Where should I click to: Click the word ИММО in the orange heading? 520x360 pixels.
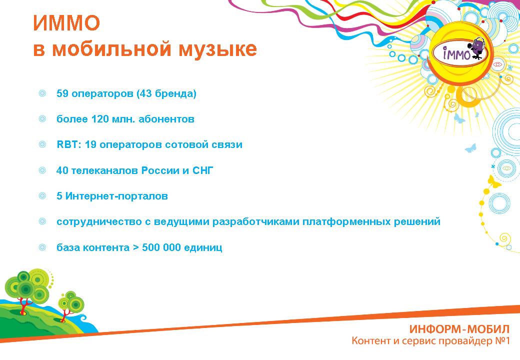[66, 23]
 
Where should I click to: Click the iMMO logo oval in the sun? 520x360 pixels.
[459, 52]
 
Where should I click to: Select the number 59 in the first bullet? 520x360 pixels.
[62, 93]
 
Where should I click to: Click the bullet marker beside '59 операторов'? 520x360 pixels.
[42, 93]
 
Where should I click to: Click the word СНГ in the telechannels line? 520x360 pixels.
[202, 170]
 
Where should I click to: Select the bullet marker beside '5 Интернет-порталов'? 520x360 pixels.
[42, 196]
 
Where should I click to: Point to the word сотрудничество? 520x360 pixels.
[99, 222]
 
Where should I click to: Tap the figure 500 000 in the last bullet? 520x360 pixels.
[161, 247]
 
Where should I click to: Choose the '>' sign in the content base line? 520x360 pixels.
[135, 247]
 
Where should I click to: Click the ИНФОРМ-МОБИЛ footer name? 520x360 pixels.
[459, 329]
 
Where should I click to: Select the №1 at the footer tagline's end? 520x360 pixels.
[502, 341]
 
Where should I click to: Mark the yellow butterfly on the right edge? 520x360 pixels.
[494, 182]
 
